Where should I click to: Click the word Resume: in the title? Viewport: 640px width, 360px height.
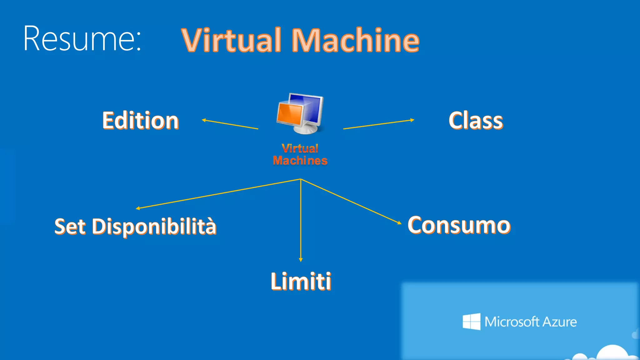click(x=82, y=39)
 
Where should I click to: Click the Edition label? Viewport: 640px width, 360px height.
click(x=141, y=121)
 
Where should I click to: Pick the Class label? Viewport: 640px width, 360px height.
click(x=476, y=121)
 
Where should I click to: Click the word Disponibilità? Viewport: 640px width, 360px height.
click(x=154, y=226)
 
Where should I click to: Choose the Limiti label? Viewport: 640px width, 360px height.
click(x=301, y=281)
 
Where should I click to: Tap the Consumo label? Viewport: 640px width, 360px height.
click(x=459, y=225)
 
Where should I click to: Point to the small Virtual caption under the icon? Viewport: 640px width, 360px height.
click(x=300, y=148)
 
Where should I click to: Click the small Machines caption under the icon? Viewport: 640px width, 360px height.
click(x=300, y=161)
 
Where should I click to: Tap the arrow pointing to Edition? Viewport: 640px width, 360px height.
click(x=230, y=124)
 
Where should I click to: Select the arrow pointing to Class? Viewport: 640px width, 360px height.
click(x=379, y=124)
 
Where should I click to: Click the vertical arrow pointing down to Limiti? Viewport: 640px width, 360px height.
click(x=301, y=220)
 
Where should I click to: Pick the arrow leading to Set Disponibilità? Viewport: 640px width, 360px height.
click(x=218, y=194)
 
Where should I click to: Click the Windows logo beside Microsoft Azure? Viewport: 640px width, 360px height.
click(x=471, y=321)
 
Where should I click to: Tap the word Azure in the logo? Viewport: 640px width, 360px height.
click(x=559, y=322)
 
